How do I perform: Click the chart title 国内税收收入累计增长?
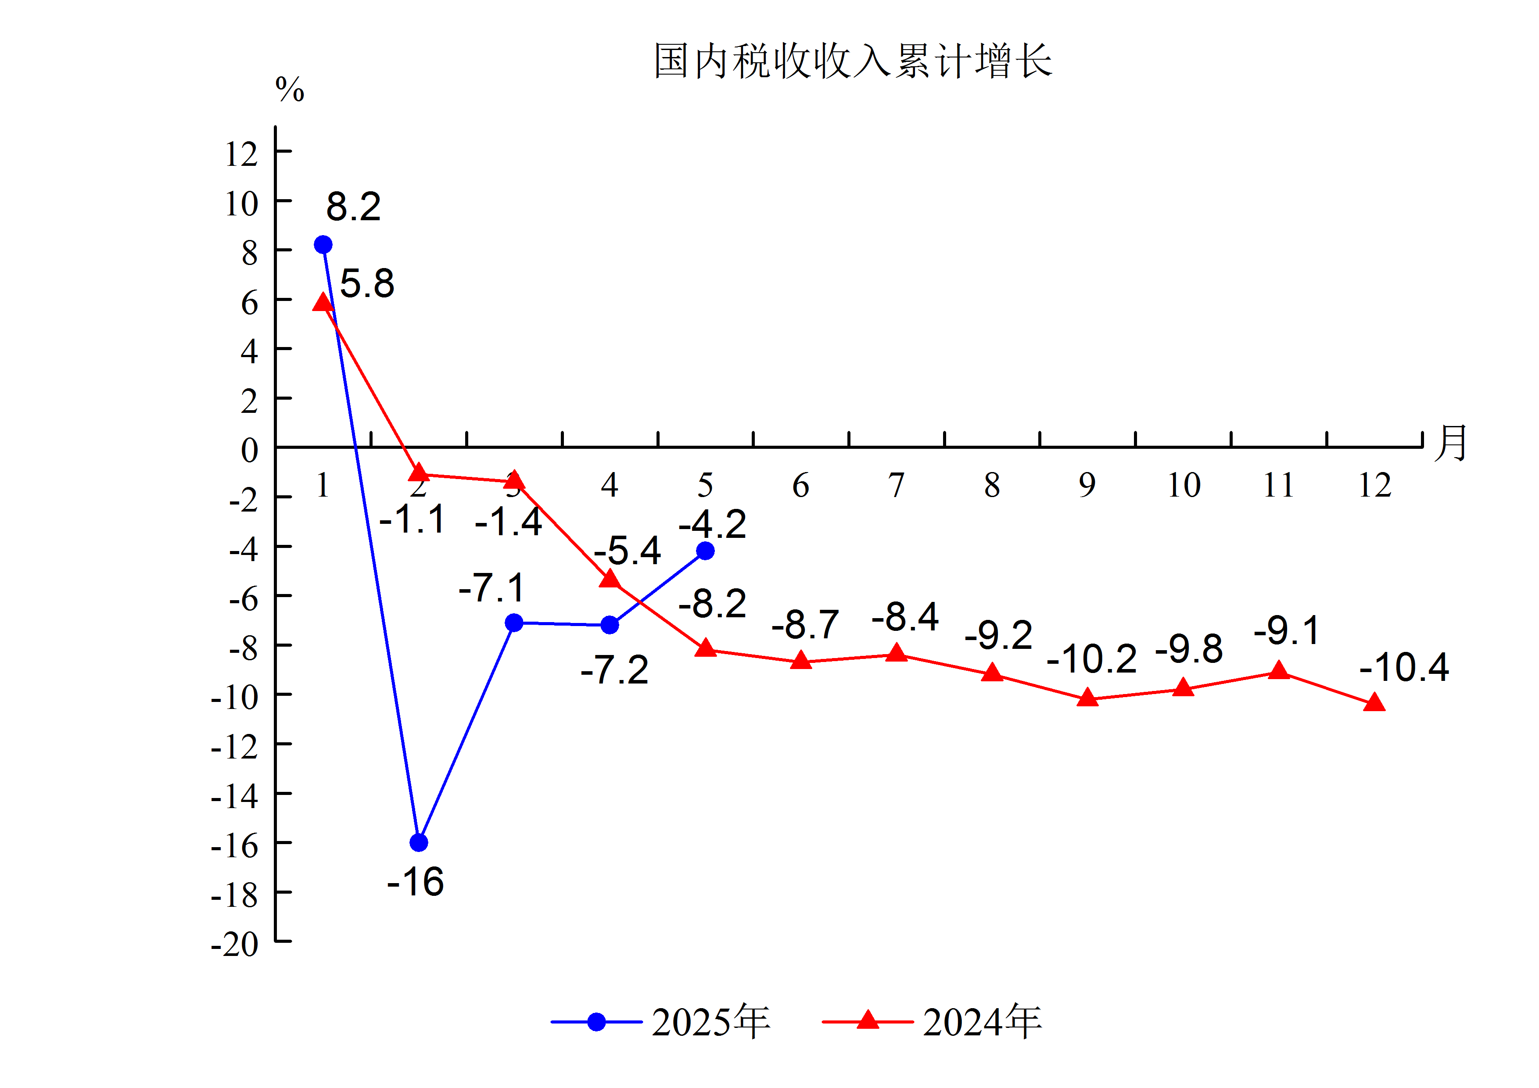click(853, 61)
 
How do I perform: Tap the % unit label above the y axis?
click(290, 89)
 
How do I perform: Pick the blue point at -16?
click(419, 843)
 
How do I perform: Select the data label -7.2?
click(615, 670)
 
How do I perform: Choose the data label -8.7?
click(805, 625)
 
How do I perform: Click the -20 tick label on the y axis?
click(235, 945)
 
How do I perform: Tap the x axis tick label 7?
click(896, 485)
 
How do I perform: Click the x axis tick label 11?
click(1278, 485)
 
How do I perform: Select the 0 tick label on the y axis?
click(249, 450)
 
